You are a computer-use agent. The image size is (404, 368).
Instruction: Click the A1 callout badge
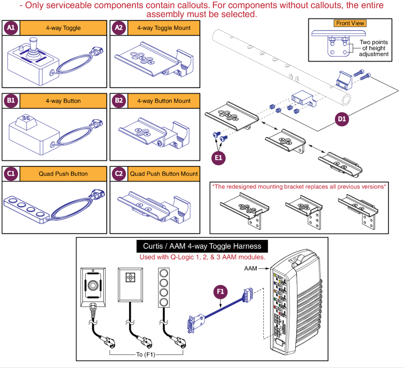coord(11,28)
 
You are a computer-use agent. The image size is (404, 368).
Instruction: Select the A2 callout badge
coord(118,28)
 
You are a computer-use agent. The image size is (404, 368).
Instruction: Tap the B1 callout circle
coord(11,101)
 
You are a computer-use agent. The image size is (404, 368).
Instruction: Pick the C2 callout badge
coord(118,174)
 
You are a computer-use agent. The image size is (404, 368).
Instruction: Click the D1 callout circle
coord(342,119)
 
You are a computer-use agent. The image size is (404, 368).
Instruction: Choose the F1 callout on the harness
coord(220,292)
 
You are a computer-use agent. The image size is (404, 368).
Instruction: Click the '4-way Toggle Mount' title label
coord(164,28)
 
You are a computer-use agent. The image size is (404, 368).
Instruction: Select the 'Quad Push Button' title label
coord(63,174)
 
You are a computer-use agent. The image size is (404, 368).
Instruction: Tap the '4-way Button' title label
coord(63,101)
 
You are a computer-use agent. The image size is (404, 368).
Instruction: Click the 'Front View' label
coord(350,23)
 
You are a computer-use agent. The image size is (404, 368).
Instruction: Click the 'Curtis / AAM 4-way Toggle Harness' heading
coord(202,246)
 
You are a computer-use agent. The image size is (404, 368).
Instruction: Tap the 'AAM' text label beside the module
coord(250,268)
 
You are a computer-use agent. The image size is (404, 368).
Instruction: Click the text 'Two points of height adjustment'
coord(374,48)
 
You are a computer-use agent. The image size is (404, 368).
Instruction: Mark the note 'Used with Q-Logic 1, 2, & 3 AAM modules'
coord(202,257)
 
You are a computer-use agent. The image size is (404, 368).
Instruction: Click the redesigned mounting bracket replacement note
coord(299,186)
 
